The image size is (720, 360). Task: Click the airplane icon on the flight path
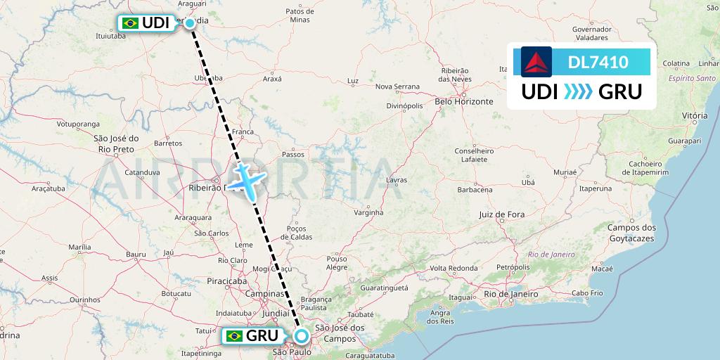click(x=245, y=180)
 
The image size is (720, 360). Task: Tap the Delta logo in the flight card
click(x=536, y=61)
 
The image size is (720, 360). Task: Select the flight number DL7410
click(x=598, y=62)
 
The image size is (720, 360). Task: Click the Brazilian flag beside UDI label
click(x=130, y=23)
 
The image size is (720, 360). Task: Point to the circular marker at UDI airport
click(x=190, y=23)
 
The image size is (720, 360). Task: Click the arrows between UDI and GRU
click(x=579, y=91)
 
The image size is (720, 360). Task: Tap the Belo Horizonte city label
click(x=464, y=101)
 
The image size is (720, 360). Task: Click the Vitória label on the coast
click(x=694, y=115)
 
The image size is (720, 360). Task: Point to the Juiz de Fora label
click(x=502, y=214)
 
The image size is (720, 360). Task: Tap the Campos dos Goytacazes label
click(x=631, y=233)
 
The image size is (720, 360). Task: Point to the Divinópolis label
click(x=404, y=105)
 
